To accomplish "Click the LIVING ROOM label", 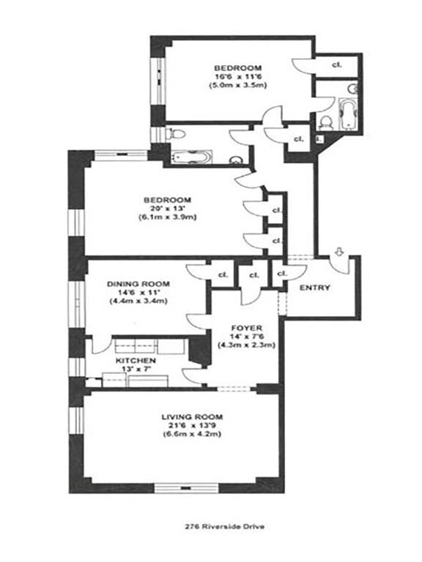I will point(192,416).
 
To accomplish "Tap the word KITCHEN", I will point(135,361).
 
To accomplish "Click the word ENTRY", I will point(315,288).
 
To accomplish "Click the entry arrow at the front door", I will point(338,254).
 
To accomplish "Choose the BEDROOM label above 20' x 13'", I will point(167,200).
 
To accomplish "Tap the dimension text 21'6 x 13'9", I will point(192,425).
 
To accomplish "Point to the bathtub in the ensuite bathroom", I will point(344,113).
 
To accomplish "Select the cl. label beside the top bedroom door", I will point(336,64).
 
